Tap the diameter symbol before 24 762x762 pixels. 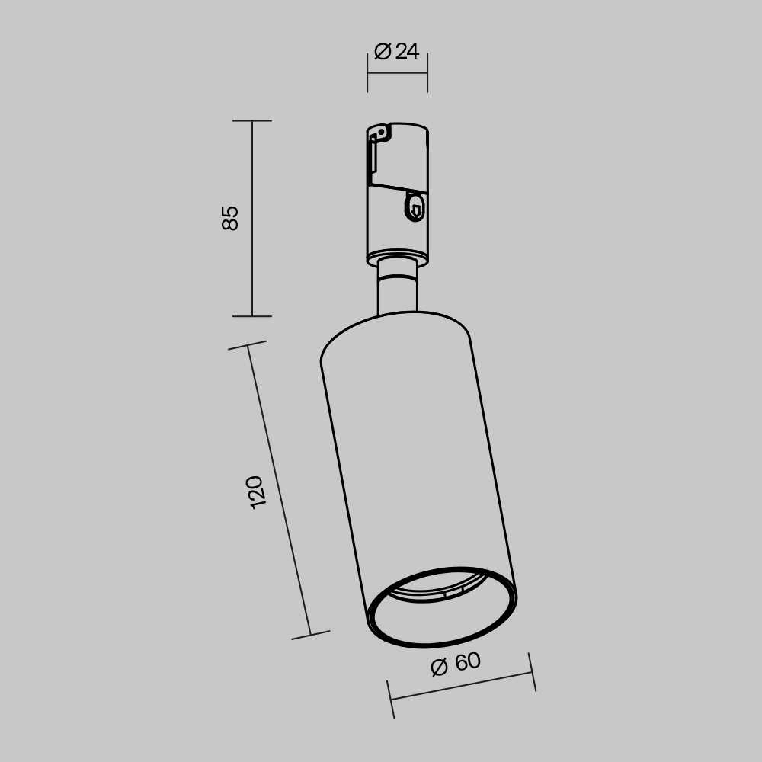tap(383, 52)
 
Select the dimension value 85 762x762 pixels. tap(230, 218)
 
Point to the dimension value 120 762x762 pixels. tap(256, 492)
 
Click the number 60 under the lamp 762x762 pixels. tap(467, 662)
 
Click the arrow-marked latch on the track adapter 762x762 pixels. tap(415, 207)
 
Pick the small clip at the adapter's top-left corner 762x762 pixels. tap(377, 134)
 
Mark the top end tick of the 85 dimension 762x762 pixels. tap(252, 120)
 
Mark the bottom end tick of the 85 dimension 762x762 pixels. tap(252, 316)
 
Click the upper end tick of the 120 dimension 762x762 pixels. tap(248, 346)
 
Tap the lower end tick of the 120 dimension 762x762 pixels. tap(311, 635)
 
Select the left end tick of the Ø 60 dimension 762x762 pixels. tap(390, 700)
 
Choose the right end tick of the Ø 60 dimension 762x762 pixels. tap(531, 672)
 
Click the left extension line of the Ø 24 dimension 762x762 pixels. tap(367, 73)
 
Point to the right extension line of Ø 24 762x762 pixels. tap(427, 73)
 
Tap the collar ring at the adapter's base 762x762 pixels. tap(397, 258)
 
